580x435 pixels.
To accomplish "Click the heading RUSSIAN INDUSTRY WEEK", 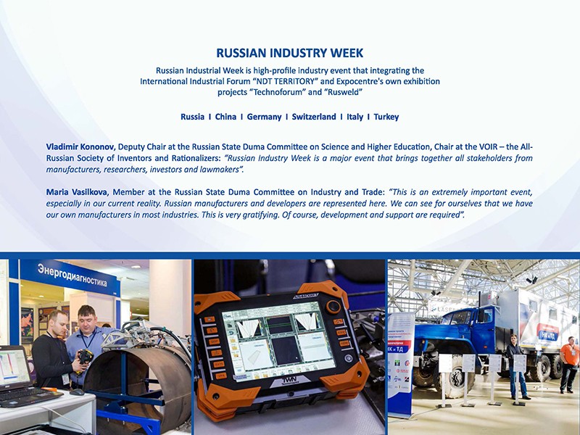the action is [x=289, y=53].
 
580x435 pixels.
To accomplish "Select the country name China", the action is [x=225, y=117].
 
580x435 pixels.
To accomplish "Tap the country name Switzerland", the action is [x=314, y=117].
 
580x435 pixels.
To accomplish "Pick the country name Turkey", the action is [x=386, y=117].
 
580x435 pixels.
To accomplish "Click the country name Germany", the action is [x=264, y=117].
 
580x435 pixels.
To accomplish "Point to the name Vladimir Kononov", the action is [x=80, y=147].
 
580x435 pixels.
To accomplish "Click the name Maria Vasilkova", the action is [x=77, y=192].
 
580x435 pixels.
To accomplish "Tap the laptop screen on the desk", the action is [x=14, y=367].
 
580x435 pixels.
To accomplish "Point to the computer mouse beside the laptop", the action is [x=78, y=392].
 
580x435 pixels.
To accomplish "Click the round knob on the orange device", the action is [x=333, y=307].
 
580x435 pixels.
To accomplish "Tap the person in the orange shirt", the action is [x=568, y=364].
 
